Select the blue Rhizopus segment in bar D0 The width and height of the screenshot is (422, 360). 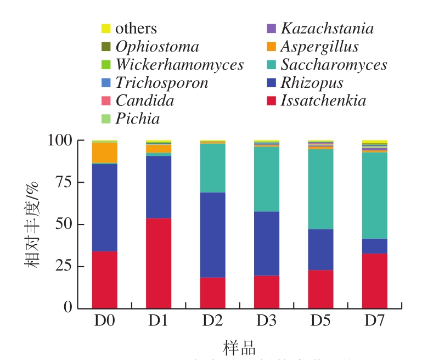105,207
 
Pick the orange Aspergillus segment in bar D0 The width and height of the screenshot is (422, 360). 105,153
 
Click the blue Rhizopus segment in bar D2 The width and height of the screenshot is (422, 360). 212,235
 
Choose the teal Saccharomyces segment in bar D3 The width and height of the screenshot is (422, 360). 266,179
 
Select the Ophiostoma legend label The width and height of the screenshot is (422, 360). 157,47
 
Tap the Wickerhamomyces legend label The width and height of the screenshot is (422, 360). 179,65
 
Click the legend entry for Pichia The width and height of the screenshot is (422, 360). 137,119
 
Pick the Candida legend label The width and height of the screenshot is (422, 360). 144,100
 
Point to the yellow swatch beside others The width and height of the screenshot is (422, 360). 106,29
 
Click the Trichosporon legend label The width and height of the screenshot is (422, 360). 161,83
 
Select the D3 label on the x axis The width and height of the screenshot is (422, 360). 266,320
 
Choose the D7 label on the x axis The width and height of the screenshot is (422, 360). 374,320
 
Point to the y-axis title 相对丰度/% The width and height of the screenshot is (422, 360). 32,224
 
